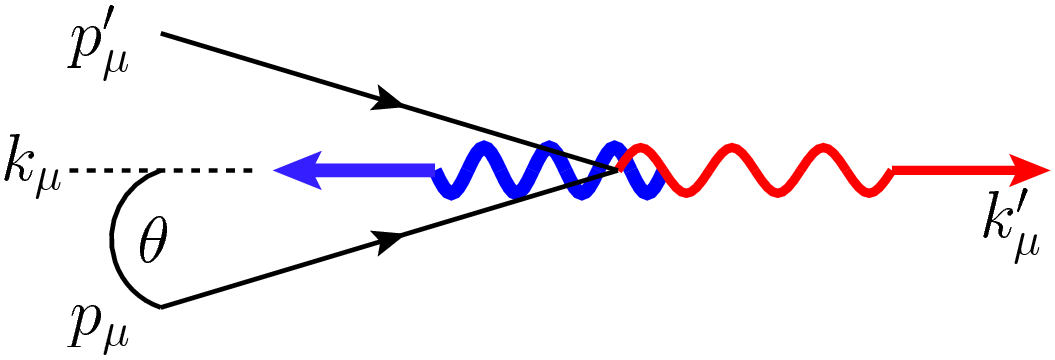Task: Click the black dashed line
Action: click(160, 171)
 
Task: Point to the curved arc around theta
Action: click(114, 240)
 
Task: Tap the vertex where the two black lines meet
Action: click(621, 169)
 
